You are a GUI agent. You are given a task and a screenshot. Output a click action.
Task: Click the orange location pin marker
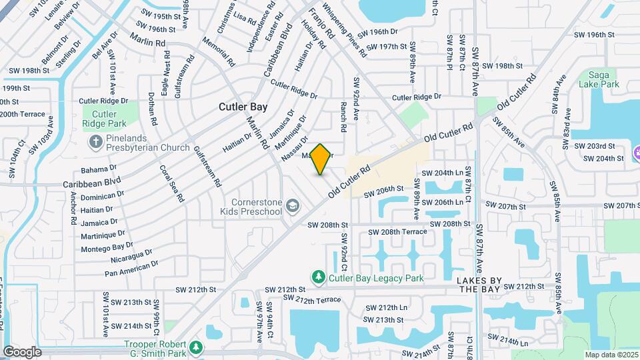click(x=321, y=159)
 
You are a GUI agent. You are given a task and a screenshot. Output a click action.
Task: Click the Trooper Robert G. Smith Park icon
click(x=195, y=347)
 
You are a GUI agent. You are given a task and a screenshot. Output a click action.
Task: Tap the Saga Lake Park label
click(x=598, y=79)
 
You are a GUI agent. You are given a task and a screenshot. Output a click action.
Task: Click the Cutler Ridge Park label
click(x=103, y=118)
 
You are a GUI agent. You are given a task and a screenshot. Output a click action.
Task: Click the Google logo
click(x=22, y=351)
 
